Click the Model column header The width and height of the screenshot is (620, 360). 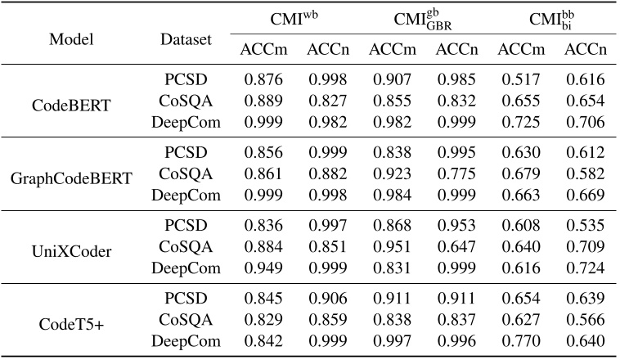(71, 39)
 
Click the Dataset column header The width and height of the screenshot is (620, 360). (186, 39)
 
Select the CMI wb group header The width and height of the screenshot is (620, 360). (294, 18)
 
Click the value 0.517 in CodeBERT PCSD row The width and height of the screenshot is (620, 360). (519, 80)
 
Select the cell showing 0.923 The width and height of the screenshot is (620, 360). (391, 173)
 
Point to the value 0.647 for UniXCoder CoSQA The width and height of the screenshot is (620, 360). (456, 245)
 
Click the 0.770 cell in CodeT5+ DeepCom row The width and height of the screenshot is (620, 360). (519, 340)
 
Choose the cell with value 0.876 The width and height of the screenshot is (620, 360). (262, 80)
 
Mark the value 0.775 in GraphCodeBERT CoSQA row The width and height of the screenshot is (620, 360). (456, 173)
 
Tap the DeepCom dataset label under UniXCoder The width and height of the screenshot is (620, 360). (186, 268)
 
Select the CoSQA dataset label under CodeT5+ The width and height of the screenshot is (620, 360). (186, 319)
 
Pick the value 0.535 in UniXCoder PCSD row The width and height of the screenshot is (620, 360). (585, 225)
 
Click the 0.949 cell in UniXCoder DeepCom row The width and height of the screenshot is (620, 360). (262, 268)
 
